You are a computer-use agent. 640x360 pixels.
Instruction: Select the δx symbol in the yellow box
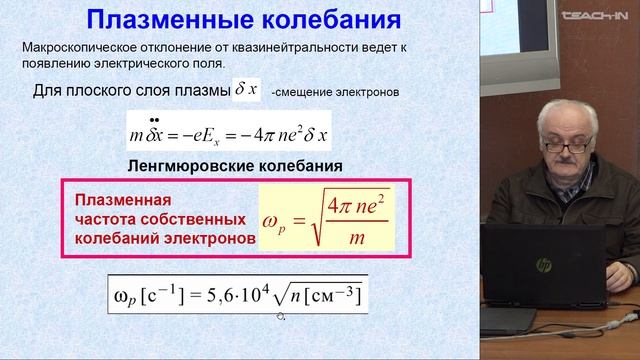[245, 90]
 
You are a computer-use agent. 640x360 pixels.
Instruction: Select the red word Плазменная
[116, 199]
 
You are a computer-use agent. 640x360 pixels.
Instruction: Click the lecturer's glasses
[570, 146]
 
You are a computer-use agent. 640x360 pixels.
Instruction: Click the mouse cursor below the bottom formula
[281, 317]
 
